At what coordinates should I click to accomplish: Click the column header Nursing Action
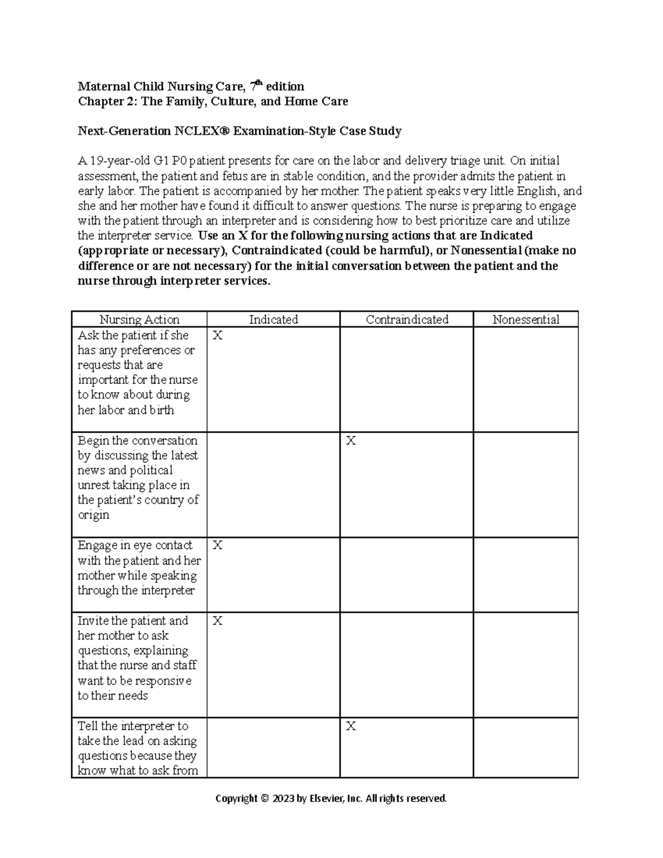pyautogui.click(x=139, y=319)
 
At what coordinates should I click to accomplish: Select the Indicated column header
pyautogui.click(x=273, y=319)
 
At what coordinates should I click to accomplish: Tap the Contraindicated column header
pyautogui.click(x=407, y=319)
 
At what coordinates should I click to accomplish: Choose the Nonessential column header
pyautogui.click(x=525, y=319)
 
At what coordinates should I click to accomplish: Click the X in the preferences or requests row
pyautogui.click(x=217, y=335)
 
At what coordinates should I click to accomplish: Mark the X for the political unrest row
pyautogui.click(x=351, y=441)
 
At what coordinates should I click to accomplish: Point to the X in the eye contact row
pyautogui.click(x=217, y=545)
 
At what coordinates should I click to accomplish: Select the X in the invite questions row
pyautogui.click(x=217, y=621)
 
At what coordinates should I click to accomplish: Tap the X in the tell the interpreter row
pyautogui.click(x=351, y=727)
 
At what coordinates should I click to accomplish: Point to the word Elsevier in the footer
pyautogui.click(x=326, y=798)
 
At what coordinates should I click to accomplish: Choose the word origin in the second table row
pyautogui.click(x=93, y=515)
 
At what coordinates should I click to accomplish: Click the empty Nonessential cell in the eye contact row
pyautogui.click(x=525, y=575)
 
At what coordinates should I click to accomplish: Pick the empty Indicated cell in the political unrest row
pyautogui.click(x=273, y=484)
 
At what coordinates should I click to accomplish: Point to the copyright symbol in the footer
pyautogui.click(x=264, y=798)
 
